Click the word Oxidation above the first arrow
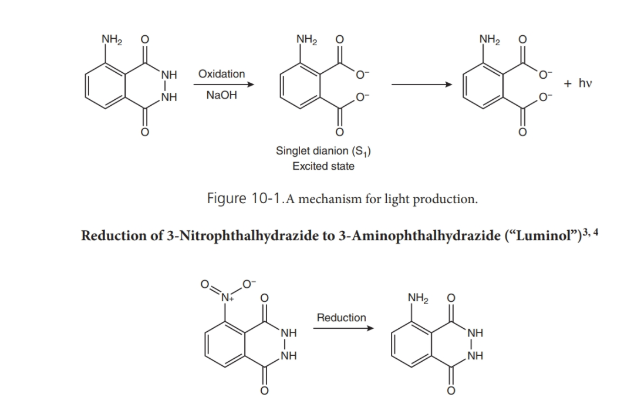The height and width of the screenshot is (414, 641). pyautogui.click(x=222, y=74)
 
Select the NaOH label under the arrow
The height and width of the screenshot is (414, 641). pyautogui.click(x=222, y=95)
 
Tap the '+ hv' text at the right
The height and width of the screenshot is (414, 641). pyautogui.click(x=578, y=83)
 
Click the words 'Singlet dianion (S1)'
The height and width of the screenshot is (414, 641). pyautogui.click(x=323, y=152)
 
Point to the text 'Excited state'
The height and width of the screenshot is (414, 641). pyautogui.click(x=323, y=166)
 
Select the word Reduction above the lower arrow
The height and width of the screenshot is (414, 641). pyautogui.click(x=341, y=318)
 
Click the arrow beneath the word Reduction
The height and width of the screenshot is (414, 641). pyautogui.click(x=342, y=328)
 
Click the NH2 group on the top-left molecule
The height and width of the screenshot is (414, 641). pyautogui.click(x=112, y=41)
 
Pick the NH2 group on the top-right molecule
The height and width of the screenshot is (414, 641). pyautogui.click(x=489, y=41)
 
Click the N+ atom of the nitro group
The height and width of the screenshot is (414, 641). pyautogui.click(x=225, y=295)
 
